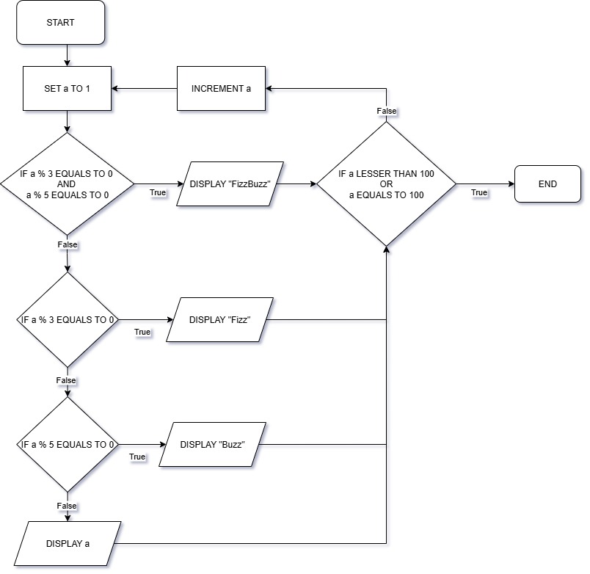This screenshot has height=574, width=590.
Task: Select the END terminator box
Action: (547, 184)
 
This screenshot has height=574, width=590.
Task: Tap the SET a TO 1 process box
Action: (67, 88)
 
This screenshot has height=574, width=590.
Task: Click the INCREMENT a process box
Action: (221, 88)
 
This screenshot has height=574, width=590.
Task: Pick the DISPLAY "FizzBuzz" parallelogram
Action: (230, 184)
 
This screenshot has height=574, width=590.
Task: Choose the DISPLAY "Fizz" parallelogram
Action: (219, 320)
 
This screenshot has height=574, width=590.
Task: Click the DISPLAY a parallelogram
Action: (69, 544)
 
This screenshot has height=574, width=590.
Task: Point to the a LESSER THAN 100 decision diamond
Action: (386, 184)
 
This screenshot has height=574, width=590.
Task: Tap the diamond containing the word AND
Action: (67, 184)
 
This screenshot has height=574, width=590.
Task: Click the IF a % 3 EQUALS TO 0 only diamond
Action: (67, 320)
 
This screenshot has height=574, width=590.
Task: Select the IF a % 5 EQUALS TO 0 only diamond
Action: (67, 445)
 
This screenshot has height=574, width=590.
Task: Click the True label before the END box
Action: (478, 192)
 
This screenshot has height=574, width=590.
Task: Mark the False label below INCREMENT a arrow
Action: (387, 111)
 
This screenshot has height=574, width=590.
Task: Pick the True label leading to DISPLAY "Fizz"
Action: (142, 332)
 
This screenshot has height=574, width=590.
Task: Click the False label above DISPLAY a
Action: (67, 506)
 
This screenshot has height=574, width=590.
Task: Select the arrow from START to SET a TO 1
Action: (67, 54)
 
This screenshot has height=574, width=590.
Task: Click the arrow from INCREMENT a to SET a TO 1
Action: (144, 88)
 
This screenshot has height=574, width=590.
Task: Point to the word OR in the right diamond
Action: (387, 184)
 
